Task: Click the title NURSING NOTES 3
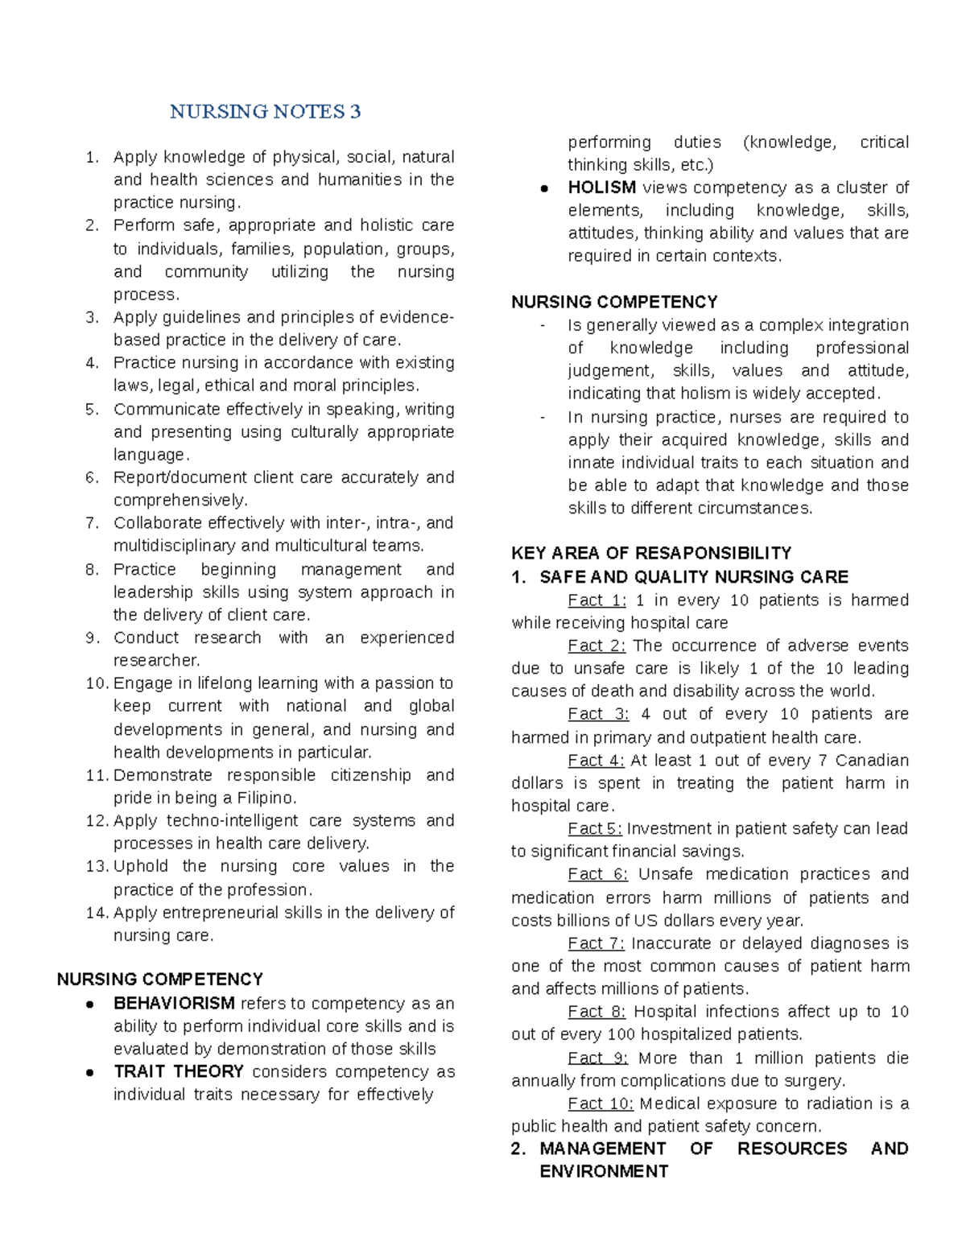pyautogui.click(x=265, y=112)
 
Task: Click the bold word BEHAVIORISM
pyautogui.click(x=174, y=1004)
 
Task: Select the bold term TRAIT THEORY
pyautogui.click(x=179, y=1072)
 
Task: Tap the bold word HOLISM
pyautogui.click(x=601, y=188)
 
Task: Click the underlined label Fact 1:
pyautogui.click(x=597, y=600)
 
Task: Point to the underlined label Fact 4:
pyautogui.click(x=596, y=761)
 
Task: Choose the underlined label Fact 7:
pyautogui.click(x=596, y=943)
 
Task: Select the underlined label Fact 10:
pyautogui.click(x=601, y=1104)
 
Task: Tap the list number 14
pyautogui.click(x=96, y=913)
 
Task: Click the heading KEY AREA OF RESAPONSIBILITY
pyautogui.click(x=651, y=554)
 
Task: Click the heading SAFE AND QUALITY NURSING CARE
pyautogui.click(x=694, y=577)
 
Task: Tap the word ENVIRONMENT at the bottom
pyautogui.click(x=604, y=1172)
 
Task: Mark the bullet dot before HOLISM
pyautogui.click(x=544, y=188)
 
